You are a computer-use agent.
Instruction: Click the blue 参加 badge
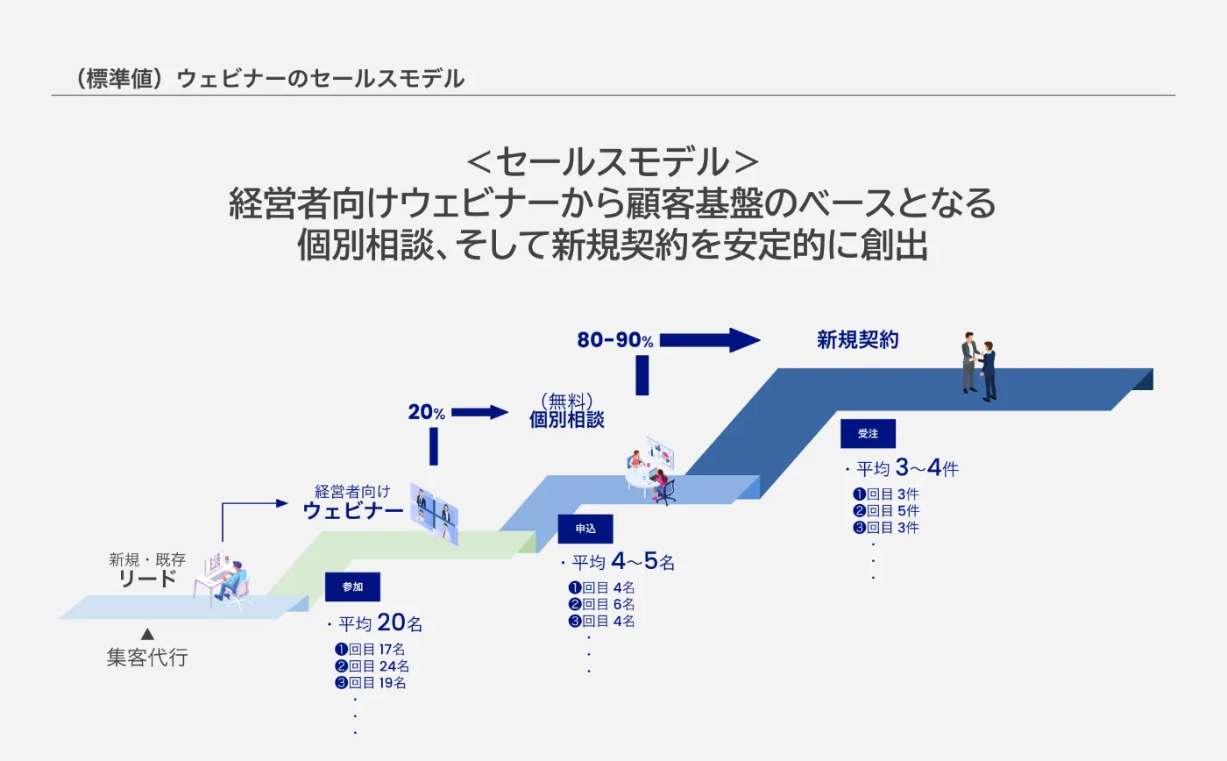pos(352,587)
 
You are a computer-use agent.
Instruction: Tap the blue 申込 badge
pos(585,529)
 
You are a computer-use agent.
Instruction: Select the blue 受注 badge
pos(868,434)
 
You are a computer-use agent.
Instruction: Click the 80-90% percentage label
pos(615,340)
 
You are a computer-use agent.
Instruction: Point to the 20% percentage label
pos(427,412)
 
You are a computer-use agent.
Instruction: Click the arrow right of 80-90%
pos(711,340)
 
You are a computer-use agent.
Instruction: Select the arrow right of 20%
pos(479,412)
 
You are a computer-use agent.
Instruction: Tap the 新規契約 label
pos(858,340)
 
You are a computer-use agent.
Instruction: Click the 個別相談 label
pos(567,419)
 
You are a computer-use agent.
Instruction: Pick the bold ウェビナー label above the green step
pos(353,511)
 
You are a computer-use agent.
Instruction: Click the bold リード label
pos(147,579)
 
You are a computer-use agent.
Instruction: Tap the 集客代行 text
pos(147,657)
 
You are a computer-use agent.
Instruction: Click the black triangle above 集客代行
pos(147,634)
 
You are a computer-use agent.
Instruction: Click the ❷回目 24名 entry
pos(370,666)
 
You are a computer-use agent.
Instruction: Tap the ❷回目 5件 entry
pos(886,511)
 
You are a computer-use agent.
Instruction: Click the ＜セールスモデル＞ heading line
pos(613,162)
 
